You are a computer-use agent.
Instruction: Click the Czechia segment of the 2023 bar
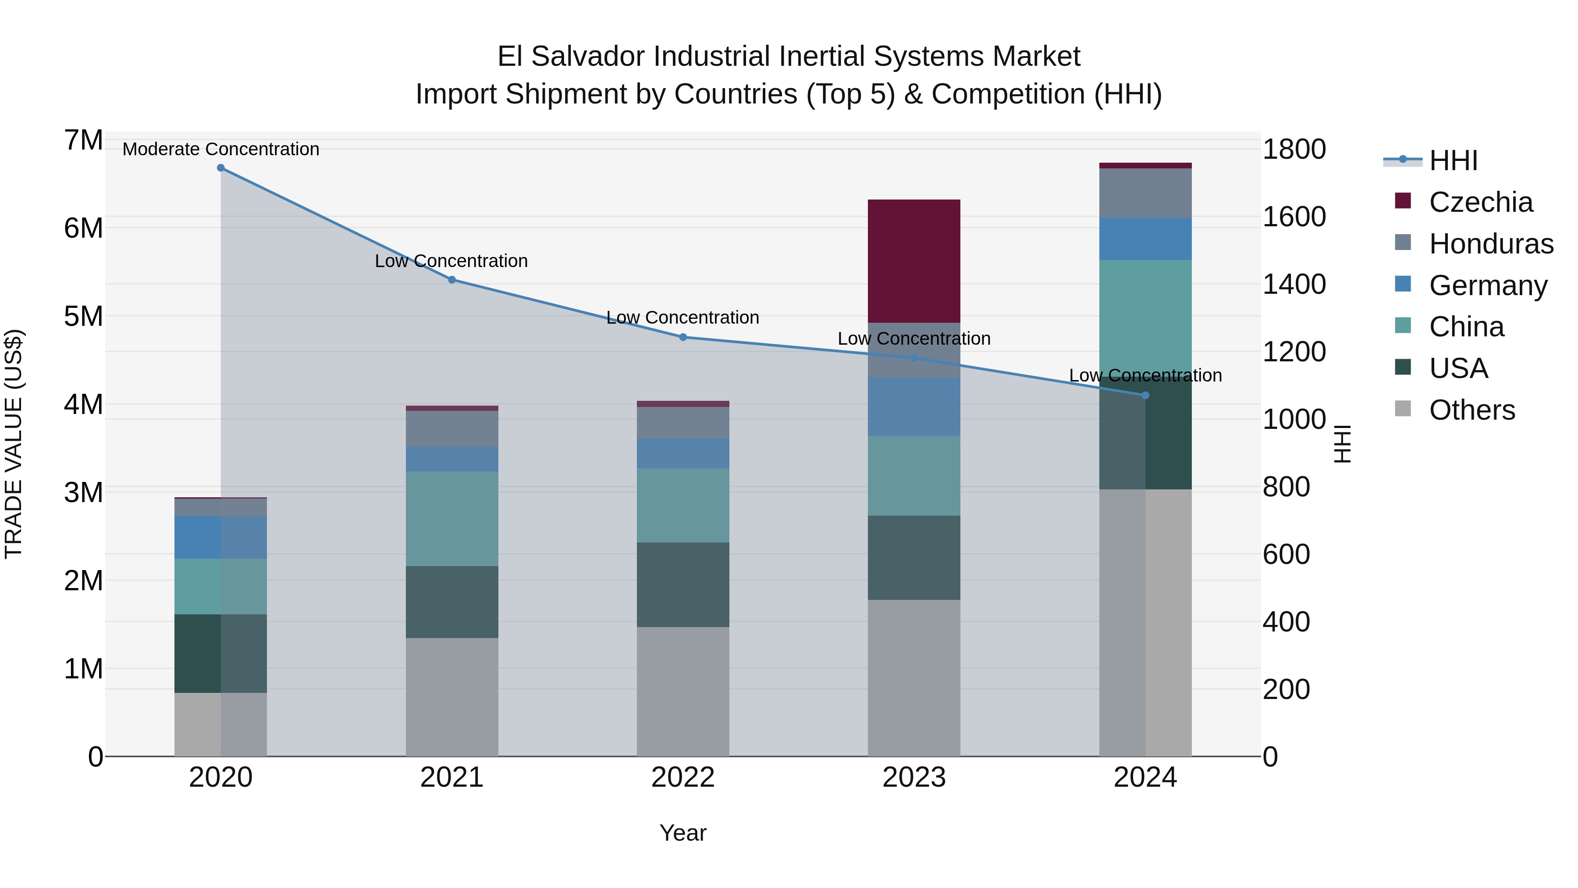(913, 260)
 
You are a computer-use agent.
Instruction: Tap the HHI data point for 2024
(1145, 395)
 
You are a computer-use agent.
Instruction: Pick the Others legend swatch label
(1471, 410)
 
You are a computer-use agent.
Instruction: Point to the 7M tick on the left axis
(83, 140)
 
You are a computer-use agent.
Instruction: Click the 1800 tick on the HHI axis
(1294, 149)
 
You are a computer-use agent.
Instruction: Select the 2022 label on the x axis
(682, 777)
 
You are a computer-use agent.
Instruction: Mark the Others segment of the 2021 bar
(451, 696)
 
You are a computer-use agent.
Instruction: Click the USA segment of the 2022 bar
(682, 584)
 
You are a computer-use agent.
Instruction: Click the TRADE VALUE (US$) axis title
(14, 444)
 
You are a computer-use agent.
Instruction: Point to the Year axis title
(682, 833)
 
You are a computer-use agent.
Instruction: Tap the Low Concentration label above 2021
(451, 261)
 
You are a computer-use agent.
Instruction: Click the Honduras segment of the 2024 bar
(1145, 193)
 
